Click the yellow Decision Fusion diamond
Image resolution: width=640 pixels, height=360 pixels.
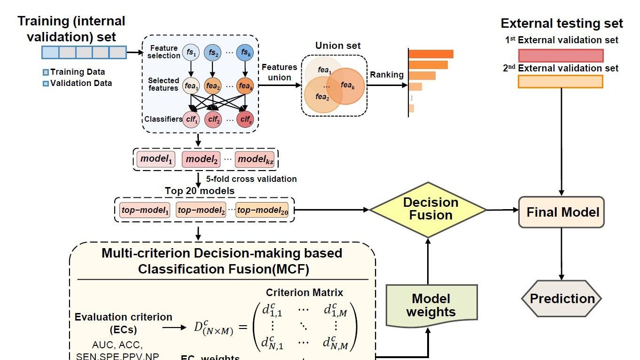tap(428, 209)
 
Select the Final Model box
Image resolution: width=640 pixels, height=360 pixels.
tap(562, 212)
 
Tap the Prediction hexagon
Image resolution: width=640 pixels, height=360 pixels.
tap(562, 298)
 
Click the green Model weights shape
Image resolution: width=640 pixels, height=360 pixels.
tap(431, 305)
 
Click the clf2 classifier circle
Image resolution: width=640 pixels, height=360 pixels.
tap(213, 119)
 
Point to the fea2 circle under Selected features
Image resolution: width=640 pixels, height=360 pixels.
tap(213, 86)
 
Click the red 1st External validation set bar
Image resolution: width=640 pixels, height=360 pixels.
tap(561, 55)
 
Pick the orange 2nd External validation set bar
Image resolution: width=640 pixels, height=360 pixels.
tap(560, 82)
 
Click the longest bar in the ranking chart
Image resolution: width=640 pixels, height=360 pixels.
tap(431, 54)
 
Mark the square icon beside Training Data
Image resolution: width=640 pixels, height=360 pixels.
tap(46, 72)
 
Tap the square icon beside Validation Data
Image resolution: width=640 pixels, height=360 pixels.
tap(46, 84)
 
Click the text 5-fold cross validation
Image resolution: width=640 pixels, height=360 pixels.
tap(251, 179)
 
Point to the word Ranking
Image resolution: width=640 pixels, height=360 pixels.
tap(387, 75)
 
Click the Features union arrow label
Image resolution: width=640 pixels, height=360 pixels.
tap(279, 72)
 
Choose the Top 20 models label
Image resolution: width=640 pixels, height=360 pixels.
tap(200, 191)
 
